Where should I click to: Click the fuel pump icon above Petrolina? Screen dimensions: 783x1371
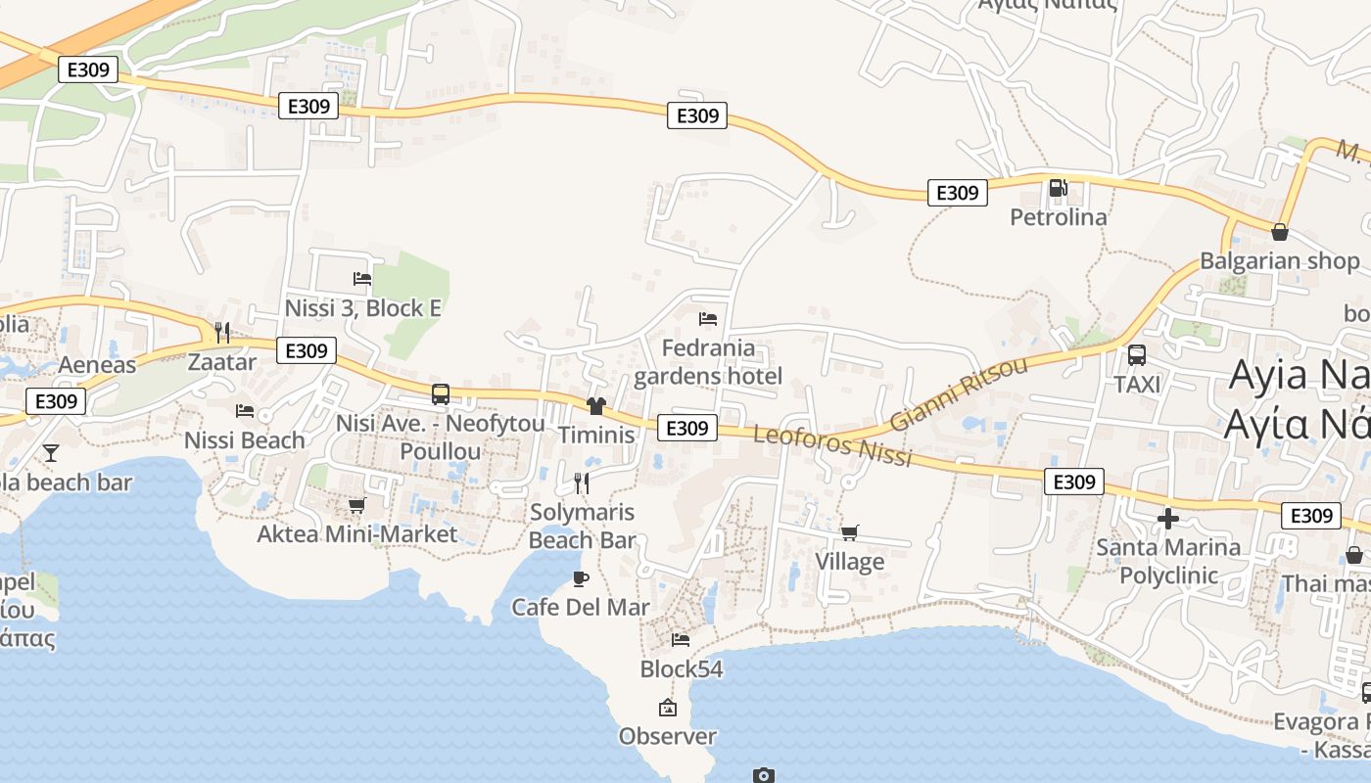(x=1058, y=188)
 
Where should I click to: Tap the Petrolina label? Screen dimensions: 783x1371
(x=1058, y=216)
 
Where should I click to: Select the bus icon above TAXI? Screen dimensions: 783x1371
(x=1137, y=355)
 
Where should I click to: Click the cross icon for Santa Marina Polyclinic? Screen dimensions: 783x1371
(x=1167, y=519)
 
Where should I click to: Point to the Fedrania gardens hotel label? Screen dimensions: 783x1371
(x=708, y=362)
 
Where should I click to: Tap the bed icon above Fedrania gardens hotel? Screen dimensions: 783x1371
(x=707, y=319)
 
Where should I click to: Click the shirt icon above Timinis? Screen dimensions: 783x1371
(x=595, y=405)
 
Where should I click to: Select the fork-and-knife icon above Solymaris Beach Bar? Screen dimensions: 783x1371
(x=582, y=483)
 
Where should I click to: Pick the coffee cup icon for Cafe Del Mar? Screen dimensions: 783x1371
(x=581, y=578)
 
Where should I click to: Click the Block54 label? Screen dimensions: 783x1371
(x=682, y=669)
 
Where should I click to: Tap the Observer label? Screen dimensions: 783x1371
(x=668, y=736)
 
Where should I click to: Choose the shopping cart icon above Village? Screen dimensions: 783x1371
(x=849, y=533)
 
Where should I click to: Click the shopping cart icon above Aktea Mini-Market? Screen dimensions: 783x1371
(x=356, y=506)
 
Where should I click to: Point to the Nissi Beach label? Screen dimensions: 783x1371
(x=245, y=440)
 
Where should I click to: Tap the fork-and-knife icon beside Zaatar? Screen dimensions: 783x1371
(x=222, y=333)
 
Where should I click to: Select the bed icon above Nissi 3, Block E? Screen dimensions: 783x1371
(x=362, y=279)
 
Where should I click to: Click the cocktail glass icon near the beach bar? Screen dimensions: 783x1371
(x=51, y=452)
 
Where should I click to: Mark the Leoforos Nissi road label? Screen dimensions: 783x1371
(x=832, y=445)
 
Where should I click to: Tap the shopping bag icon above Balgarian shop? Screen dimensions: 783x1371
(x=1279, y=232)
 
